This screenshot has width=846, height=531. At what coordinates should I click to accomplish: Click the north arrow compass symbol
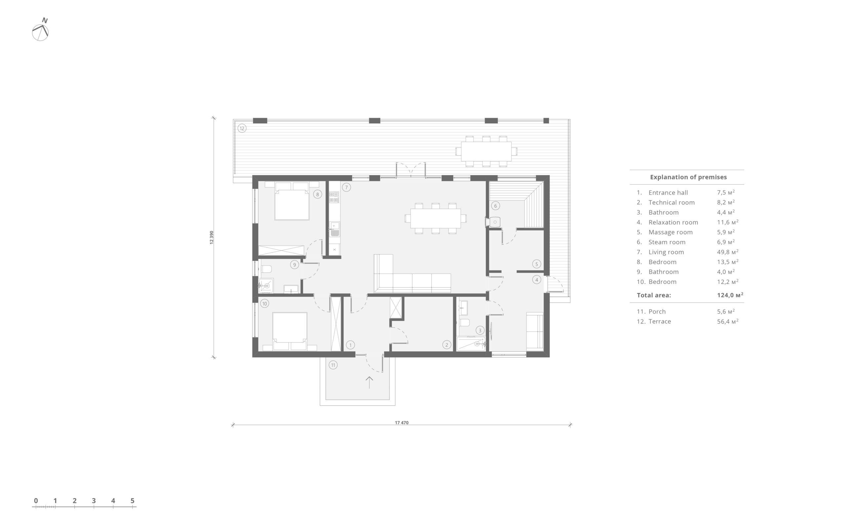click(x=40, y=30)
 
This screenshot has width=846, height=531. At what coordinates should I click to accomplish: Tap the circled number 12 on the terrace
click(x=242, y=129)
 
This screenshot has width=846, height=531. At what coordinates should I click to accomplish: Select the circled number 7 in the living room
click(x=346, y=187)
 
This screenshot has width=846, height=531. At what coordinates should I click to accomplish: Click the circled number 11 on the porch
click(x=333, y=365)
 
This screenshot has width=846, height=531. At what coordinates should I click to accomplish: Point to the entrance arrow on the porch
click(x=369, y=382)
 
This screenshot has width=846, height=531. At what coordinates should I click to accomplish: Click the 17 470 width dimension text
click(x=402, y=423)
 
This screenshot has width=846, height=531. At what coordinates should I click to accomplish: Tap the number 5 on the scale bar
click(x=132, y=501)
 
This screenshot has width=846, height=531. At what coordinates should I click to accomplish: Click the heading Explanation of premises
click(x=688, y=177)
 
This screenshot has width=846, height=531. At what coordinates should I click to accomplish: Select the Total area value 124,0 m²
click(x=730, y=295)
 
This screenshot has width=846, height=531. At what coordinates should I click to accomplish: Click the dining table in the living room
click(x=436, y=218)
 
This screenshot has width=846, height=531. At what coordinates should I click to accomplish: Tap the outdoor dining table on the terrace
click(x=486, y=151)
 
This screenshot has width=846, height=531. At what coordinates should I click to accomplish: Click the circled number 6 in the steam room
click(x=495, y=206)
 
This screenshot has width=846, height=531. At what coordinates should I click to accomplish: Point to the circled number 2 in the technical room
click(x=446, y=345)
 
